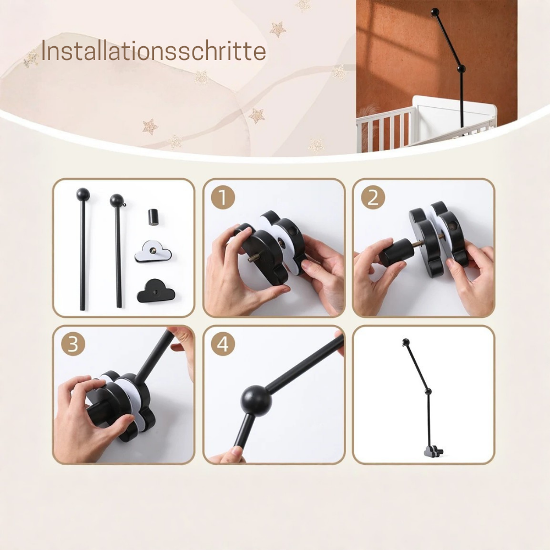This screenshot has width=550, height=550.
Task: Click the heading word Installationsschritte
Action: [153, 51]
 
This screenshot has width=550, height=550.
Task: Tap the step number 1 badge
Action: [223, 197]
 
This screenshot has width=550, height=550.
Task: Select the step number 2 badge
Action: [373, 197]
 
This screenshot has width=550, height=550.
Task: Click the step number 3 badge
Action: [73, 344]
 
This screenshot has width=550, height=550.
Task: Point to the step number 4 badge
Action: [223, 344]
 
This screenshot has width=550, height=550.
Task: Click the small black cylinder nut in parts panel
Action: [153, 216]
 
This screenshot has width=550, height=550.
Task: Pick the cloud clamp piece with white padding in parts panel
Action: [153, 250]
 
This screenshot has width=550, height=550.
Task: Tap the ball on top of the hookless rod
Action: [83, 194]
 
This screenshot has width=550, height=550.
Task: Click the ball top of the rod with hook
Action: [117, 200]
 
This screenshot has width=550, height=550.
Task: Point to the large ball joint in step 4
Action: [256, 402]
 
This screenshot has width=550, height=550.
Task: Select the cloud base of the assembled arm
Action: [433, 451]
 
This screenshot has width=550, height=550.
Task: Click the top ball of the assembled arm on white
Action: [406, 342]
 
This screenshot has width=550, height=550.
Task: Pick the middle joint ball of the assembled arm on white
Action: [427, 391]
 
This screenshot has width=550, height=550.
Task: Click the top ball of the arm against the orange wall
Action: [435, 12]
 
